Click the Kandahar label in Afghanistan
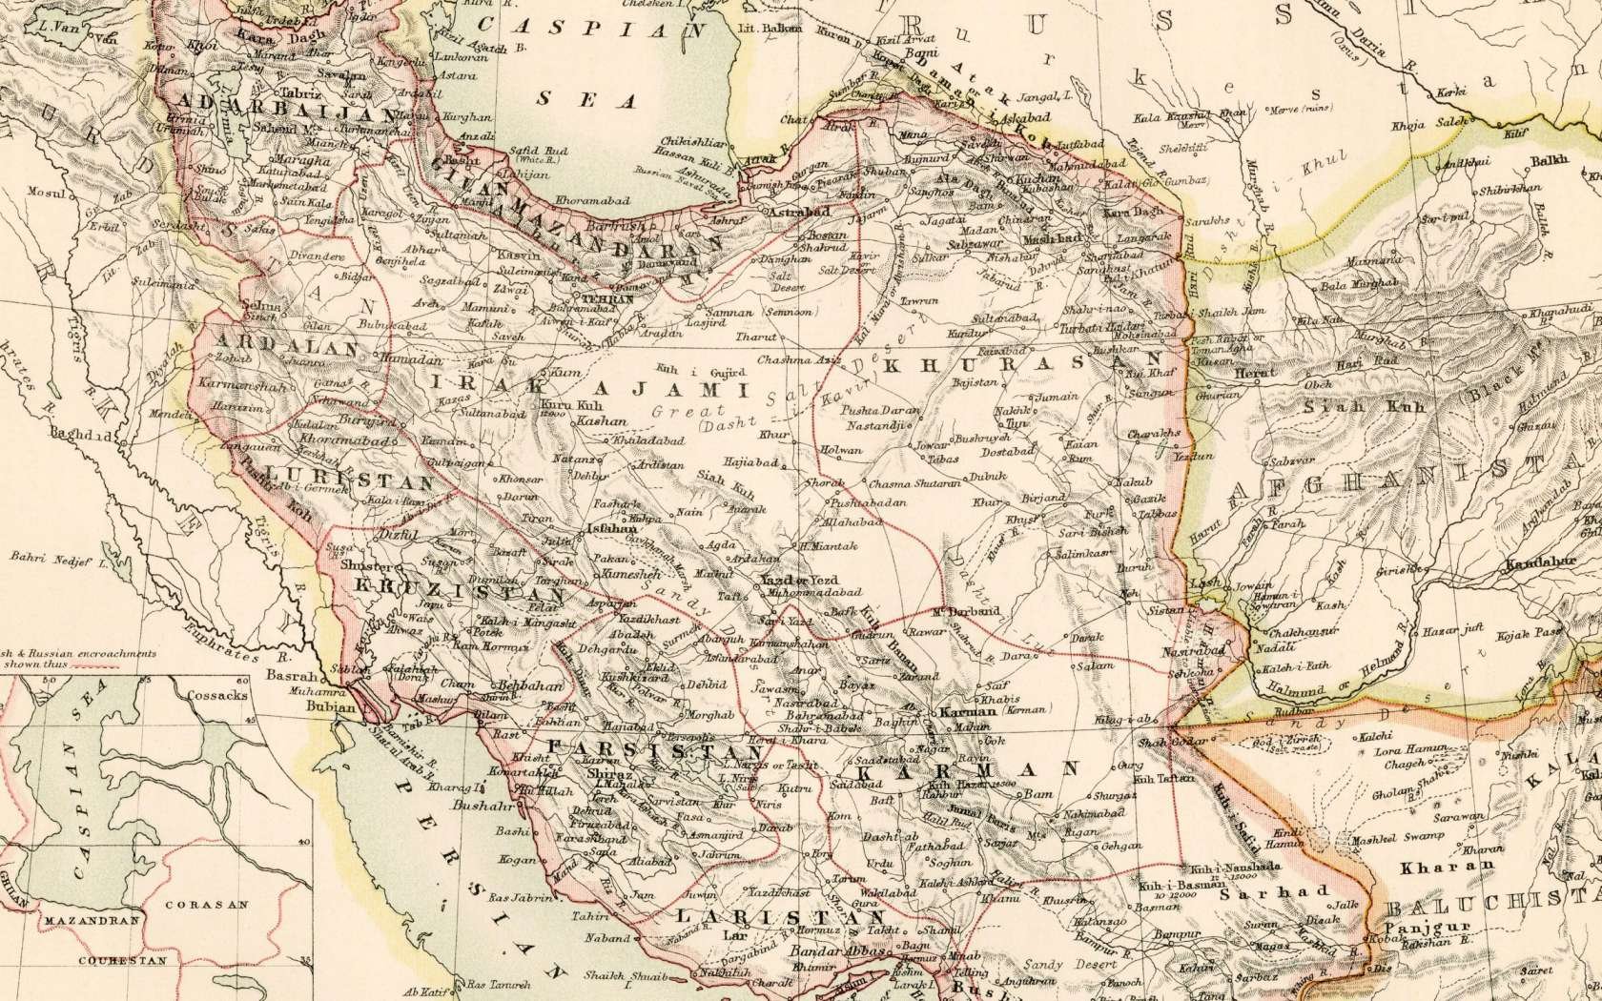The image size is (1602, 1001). (x=1546, y=563)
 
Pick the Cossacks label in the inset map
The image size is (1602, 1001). (x=216, y=695)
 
